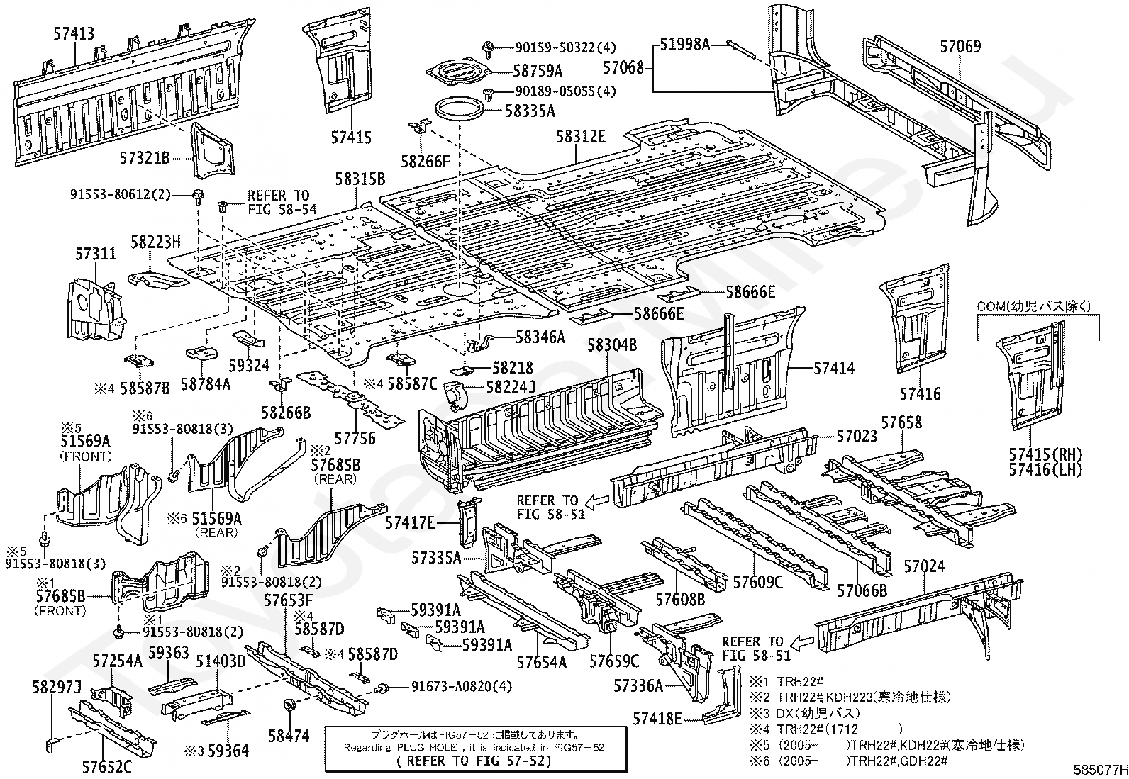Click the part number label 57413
74,34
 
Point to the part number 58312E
581,137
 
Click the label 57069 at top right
960,46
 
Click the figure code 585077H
1101,770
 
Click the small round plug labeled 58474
289,704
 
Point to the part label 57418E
657,719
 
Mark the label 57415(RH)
1045,454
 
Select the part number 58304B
612,345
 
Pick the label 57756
355,438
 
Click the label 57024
924,566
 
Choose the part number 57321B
145,158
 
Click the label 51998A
684,45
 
